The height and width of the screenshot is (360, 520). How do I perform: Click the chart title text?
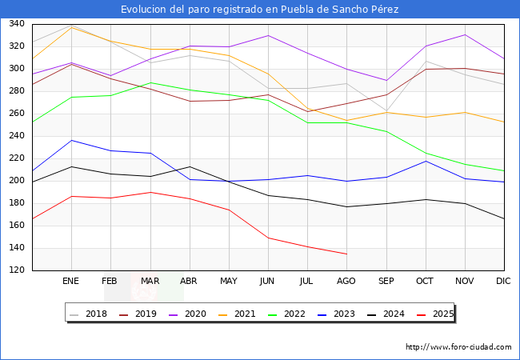[x=260, y=10]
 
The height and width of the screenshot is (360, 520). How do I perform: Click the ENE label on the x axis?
[x=71, y=282]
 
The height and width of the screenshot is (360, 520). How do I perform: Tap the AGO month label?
[x=346, y=282]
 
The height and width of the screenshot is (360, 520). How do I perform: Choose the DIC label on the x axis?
[x=503, y=282]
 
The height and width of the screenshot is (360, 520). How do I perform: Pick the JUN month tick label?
[x=268, y=282]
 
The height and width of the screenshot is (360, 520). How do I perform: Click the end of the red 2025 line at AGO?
[x=346, y=254]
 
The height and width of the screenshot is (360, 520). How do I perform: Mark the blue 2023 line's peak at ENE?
[x=71, y=141]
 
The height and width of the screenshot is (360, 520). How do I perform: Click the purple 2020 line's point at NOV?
[x=465, y=34]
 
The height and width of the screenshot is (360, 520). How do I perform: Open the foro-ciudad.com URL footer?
[x=458, y=347]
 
